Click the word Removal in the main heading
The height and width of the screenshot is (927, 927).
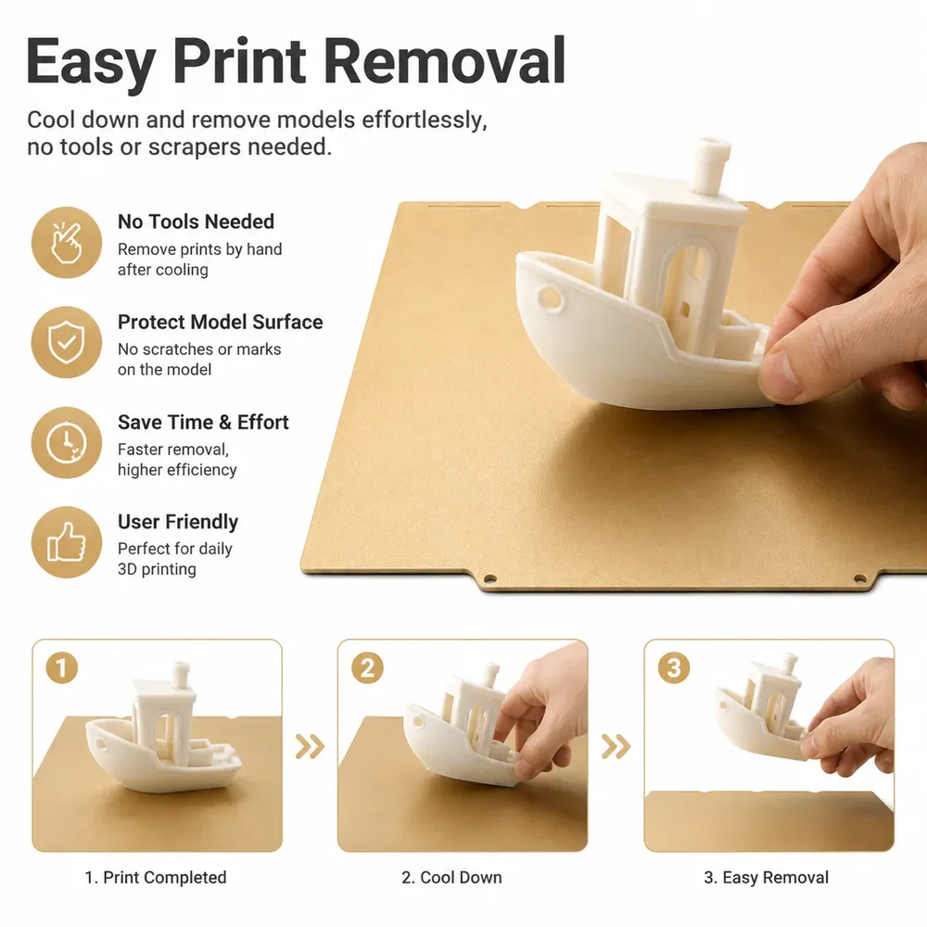(x=445, y=60)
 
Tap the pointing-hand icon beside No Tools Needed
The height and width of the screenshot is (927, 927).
(x=66, y=242)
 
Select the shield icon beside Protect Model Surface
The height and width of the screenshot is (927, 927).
(x=66, y=342)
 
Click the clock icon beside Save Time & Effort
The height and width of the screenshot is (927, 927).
(x=66, y=442)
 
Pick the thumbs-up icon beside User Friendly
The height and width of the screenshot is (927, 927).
(x=66, y=542)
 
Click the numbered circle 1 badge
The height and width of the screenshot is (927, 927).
(x=62, y=668)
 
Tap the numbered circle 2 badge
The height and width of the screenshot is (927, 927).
(x=368, y=668)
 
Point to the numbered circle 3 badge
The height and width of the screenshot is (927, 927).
(x=674, y=668)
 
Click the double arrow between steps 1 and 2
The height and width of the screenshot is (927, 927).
(x=310, y=746)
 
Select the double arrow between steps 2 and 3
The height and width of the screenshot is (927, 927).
(x=616, y=746)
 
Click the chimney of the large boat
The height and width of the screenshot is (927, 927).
(x=711, y=166)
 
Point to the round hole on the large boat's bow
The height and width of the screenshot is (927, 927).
(x=550, y=298)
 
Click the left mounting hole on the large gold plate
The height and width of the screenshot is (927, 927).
(x=489, y=578)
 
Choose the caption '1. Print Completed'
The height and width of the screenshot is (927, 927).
(x=156, y=877)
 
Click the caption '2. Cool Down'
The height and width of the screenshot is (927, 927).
(x=451, y=877)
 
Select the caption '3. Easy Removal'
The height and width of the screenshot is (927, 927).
(x=767, y=877)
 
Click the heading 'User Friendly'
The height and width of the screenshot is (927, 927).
(x=178, y=522)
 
